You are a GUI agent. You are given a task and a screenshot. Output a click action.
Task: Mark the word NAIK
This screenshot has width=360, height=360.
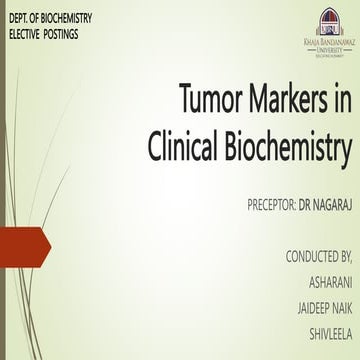pyautogui.click(x=337, y=308)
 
